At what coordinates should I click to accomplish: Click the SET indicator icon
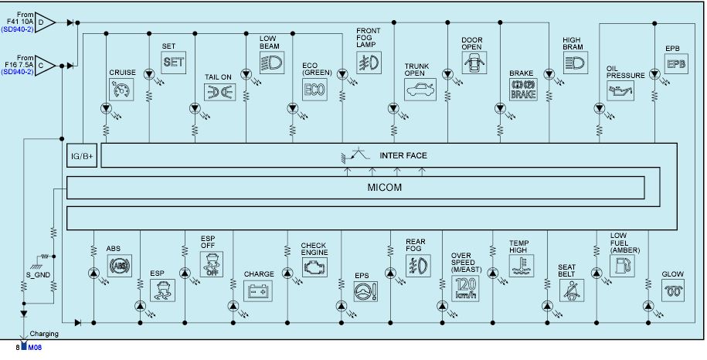coord(174,62)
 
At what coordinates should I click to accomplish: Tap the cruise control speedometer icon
coord(121,89)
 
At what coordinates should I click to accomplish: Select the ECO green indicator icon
coord(314,89)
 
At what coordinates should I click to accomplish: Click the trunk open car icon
coord(420,89)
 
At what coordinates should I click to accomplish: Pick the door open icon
coord(474,63)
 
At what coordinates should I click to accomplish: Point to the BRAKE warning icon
coord(523,89)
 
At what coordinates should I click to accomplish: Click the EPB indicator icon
coord(676,63)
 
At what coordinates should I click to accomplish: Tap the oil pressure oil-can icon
coord(620,90)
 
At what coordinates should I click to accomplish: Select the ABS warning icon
coord(120,266)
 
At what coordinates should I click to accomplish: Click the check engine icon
coord(314,267)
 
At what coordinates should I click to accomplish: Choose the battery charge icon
coord(258,290)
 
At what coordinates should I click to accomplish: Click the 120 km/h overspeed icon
coord(465,289)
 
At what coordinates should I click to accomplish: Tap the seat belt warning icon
coord(572,290)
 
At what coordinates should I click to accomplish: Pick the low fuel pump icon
coord(622,266)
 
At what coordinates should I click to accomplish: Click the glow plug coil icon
coord(673,290)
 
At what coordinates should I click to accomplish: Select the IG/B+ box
coord(82,156)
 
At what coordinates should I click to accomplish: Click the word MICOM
coord(384,188)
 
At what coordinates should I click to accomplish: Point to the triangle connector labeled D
coord(45,22)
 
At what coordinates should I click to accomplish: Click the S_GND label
coord(38,275)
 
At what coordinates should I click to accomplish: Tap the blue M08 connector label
coord(35,348)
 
